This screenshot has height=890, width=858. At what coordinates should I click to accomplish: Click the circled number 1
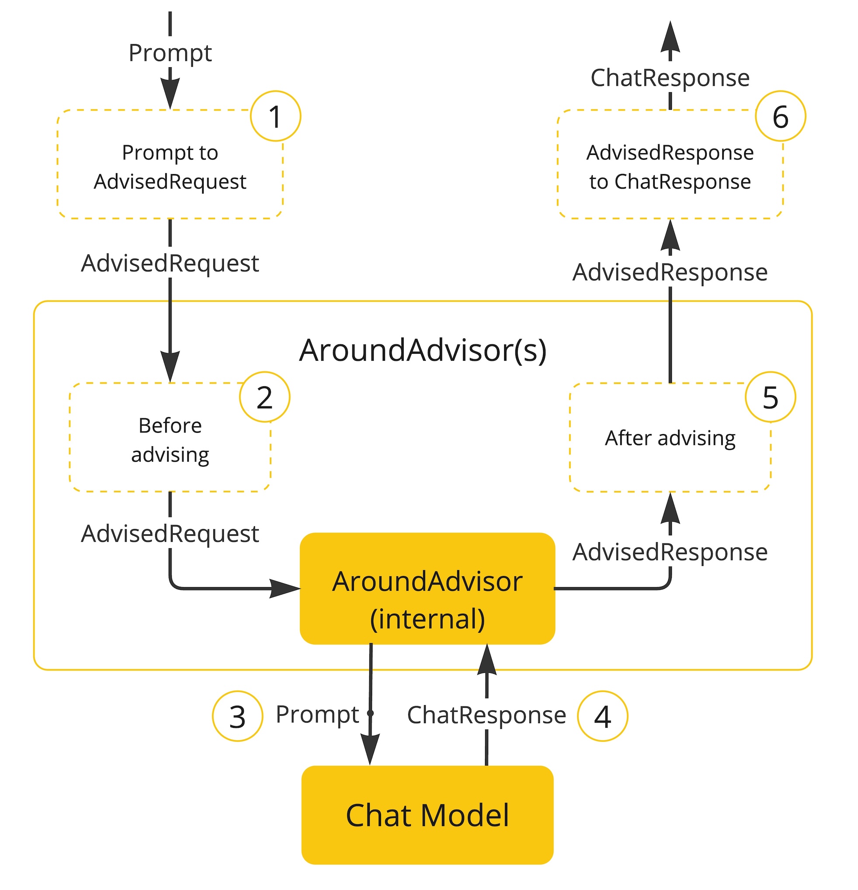(275, 116)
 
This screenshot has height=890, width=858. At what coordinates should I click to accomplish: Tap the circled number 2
(264, 397)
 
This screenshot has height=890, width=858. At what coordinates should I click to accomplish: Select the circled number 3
(237, 717)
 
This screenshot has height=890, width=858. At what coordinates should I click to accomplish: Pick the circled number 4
(602, 717)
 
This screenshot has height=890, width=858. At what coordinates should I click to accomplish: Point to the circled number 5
(770, 397)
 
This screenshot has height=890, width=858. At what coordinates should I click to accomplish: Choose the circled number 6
(780, 116)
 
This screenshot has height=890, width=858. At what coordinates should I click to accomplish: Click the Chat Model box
(427, 815)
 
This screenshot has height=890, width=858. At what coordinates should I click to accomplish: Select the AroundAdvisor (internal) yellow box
(427, 589)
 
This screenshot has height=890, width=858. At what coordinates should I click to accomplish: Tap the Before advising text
(170, 440)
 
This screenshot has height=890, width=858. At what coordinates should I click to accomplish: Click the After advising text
(670, 438)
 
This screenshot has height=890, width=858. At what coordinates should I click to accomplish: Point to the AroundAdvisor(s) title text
(422, 350)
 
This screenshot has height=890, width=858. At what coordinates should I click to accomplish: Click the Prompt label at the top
(170, 53)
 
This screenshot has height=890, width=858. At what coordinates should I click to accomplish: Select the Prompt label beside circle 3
(317, 715)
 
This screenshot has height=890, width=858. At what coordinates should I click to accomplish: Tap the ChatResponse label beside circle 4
(486, 715)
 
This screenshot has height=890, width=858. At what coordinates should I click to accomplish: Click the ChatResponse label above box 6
(670, 78)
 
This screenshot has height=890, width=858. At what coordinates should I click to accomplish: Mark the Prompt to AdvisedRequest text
(170, 166)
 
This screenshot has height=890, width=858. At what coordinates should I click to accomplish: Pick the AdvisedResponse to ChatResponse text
(670, 166)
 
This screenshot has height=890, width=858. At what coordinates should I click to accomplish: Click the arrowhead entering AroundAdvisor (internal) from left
(285, 589)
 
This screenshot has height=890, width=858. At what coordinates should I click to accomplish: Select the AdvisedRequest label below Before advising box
(170, 533)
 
